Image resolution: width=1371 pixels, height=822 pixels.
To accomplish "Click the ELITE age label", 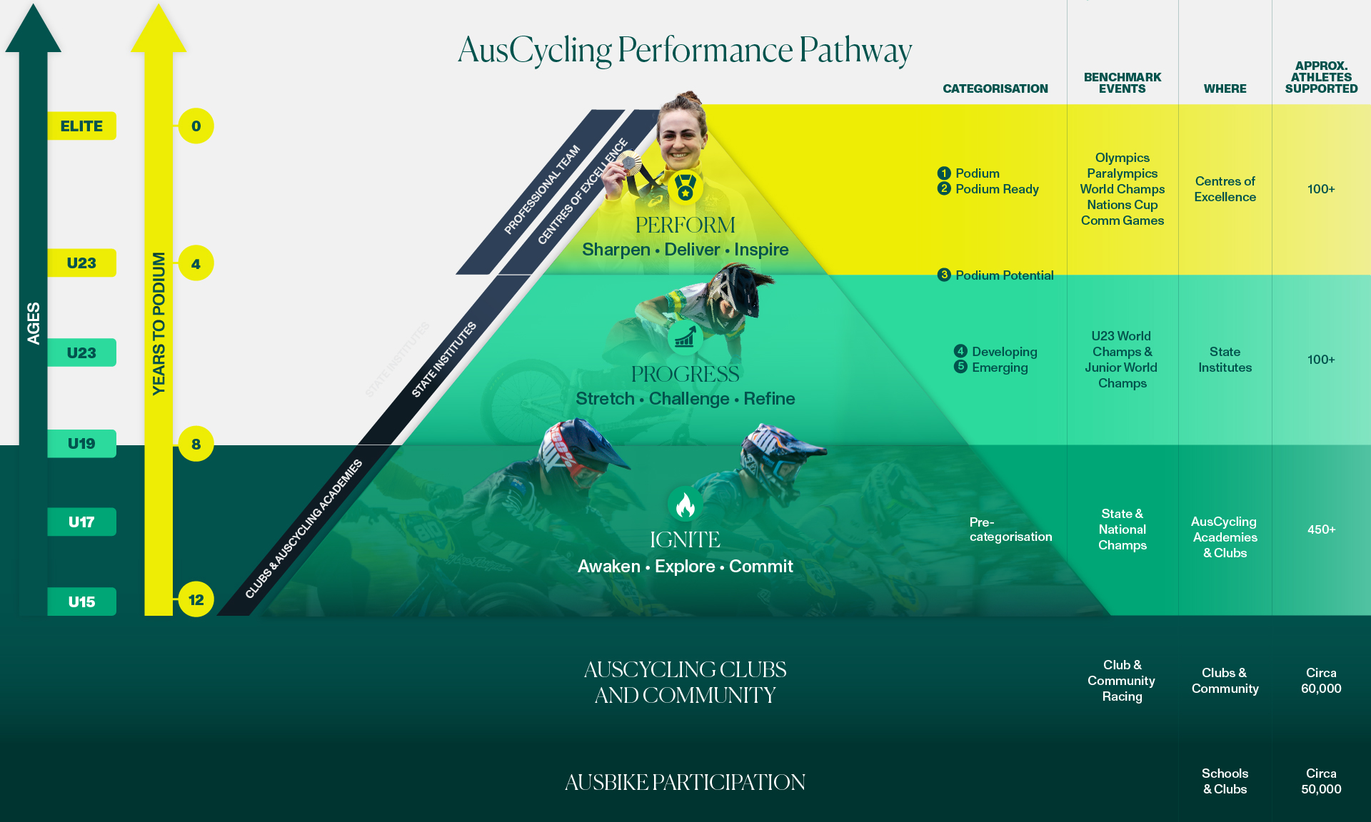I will (x=81, y=126).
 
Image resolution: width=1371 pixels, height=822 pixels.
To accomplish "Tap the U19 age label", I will (x=81, y=444).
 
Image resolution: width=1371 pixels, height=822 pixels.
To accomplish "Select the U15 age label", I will (x=81, y=602).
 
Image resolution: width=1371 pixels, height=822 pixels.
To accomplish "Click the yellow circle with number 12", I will (x=196, y=600).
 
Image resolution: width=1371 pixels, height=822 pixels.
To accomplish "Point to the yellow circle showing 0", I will (x=196, y=126).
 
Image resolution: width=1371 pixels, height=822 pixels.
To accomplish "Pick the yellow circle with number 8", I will (x=196, y=444).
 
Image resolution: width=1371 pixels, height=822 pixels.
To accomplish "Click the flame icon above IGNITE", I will (x=685, y=505).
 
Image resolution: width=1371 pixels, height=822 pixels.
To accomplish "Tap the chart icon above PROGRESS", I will (x=685, y=337).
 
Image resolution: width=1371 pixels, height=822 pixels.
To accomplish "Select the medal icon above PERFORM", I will (x=685, y=187).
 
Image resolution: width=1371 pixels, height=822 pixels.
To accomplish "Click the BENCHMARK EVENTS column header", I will (x=1122, y=83).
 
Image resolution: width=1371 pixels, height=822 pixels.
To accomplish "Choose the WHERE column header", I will (x=1225, y=88).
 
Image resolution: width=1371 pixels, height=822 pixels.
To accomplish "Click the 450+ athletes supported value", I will (x=1321, y=529).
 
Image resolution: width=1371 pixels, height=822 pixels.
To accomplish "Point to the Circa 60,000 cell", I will (x=1321, y=681).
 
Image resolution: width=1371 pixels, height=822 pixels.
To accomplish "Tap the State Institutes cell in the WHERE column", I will (x=1225, y=360).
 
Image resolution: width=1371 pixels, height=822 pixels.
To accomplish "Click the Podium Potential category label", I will (x=1004, y=275).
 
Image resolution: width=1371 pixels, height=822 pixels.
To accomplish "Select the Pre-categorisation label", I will (x=1010, y=529).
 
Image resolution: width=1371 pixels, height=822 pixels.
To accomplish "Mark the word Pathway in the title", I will (x=855, y=51).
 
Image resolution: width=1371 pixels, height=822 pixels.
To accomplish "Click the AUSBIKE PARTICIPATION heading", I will (x=685, y=782).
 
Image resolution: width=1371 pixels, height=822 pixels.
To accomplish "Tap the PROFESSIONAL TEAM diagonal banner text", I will (x=542, y=190).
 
